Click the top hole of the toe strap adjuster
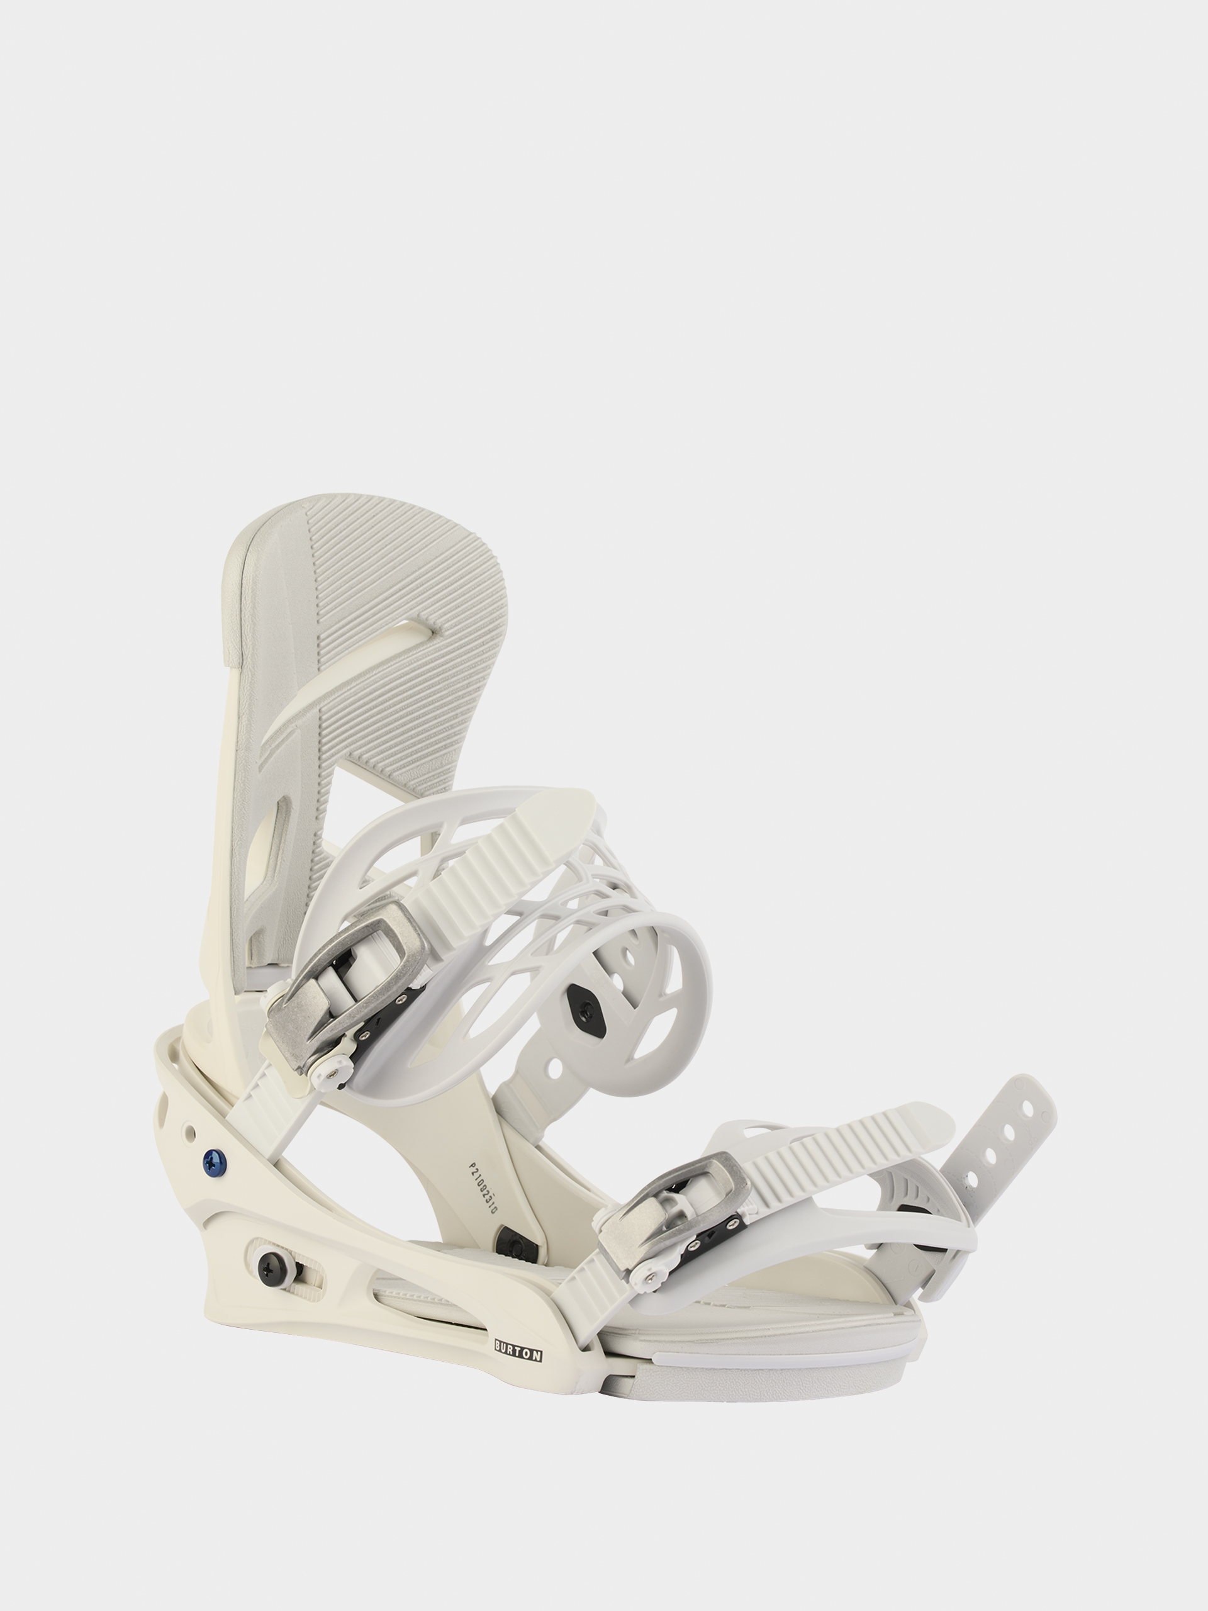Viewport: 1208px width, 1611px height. coord(1027,1110)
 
